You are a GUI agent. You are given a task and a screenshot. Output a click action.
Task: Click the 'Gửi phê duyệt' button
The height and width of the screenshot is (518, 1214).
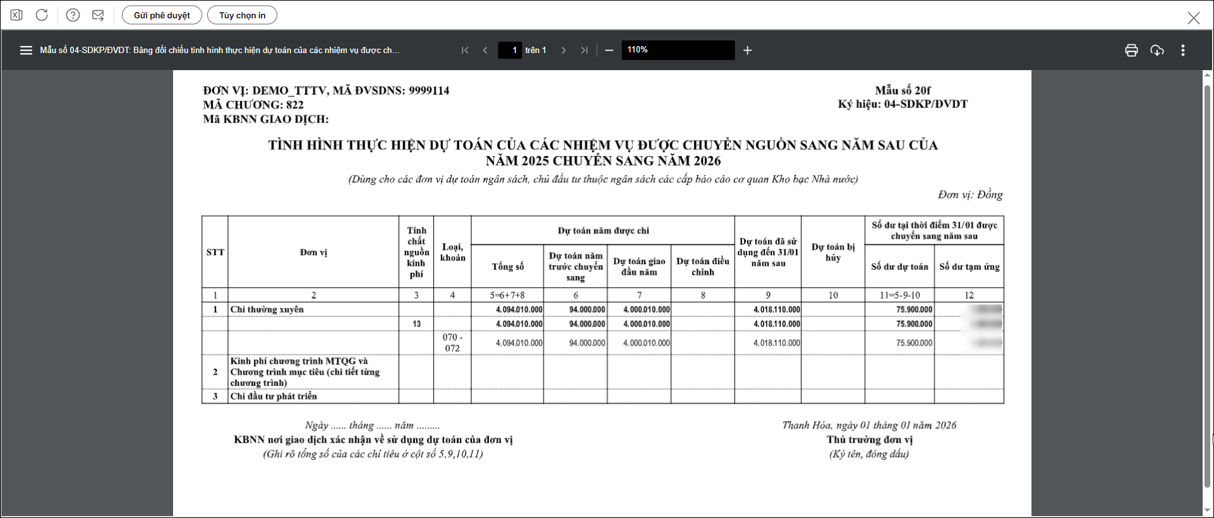point(162,15)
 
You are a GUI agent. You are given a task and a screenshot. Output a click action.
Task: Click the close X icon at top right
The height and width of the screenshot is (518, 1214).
point(1193,18)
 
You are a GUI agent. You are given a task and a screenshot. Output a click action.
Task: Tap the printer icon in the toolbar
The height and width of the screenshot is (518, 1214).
point(1131,51)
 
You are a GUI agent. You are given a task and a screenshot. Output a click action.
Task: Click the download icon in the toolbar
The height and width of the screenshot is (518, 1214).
point(1157,51)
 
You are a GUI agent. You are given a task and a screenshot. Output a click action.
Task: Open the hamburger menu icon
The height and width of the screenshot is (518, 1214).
point(26,51)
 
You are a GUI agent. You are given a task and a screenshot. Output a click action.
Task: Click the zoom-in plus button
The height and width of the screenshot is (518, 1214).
point(747,51)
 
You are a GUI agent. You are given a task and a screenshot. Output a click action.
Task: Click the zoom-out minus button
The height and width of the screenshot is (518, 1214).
point(609,51)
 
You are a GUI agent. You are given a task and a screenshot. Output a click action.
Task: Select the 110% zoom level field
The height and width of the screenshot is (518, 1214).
point(678,50)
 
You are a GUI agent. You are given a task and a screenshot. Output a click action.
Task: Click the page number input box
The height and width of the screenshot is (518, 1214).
point(510,50)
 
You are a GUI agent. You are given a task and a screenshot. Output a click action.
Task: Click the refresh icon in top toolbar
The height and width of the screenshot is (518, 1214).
point(42,15)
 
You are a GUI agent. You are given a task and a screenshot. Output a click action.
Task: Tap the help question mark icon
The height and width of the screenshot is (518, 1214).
point(73,15)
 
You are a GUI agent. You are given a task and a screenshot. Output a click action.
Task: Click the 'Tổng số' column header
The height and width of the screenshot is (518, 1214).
point(508,267)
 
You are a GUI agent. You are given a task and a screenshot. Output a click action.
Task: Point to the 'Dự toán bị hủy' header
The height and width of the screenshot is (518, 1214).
point(832,252)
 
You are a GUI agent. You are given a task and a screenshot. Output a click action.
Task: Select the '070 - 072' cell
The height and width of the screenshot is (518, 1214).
point(452,342)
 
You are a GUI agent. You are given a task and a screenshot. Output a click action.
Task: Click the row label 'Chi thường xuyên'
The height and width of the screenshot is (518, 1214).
point(267,310)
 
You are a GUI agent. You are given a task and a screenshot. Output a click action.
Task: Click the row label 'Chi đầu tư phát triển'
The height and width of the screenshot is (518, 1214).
point(273,396)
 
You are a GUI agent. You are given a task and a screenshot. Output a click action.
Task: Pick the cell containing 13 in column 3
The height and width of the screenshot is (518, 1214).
point(416,324)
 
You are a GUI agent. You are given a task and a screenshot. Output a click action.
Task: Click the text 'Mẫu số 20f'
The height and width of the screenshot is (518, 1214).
point(903,90)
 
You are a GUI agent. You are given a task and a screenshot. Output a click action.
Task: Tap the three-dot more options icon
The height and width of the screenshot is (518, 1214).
point(1183,51)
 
